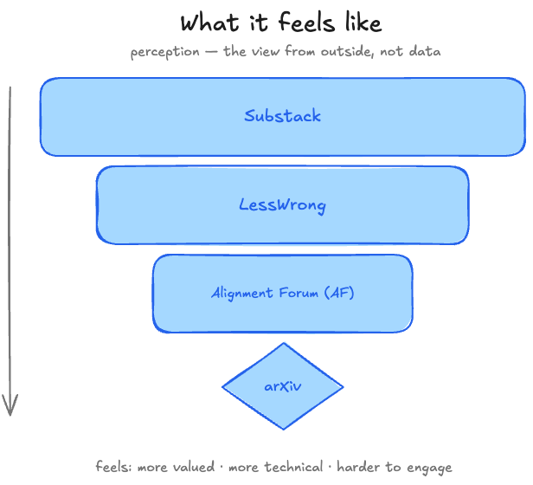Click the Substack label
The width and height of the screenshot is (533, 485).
282,116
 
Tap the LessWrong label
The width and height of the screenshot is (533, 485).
282,205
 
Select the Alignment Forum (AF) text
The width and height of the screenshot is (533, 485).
282,293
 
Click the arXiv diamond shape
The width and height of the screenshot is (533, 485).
283,386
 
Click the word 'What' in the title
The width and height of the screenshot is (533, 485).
209,23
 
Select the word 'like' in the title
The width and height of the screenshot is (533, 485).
363,23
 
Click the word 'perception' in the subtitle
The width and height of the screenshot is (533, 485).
165,52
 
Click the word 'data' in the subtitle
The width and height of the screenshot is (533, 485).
425,51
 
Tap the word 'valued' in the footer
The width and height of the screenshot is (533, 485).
194,467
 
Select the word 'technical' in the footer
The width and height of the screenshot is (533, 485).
293,467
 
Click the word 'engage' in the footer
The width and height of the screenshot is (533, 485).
430,468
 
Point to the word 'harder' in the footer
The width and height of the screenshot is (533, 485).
358,467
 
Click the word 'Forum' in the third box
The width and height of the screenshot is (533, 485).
299,293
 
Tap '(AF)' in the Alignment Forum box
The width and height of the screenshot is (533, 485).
339,293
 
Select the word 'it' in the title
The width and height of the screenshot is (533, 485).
259,23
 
